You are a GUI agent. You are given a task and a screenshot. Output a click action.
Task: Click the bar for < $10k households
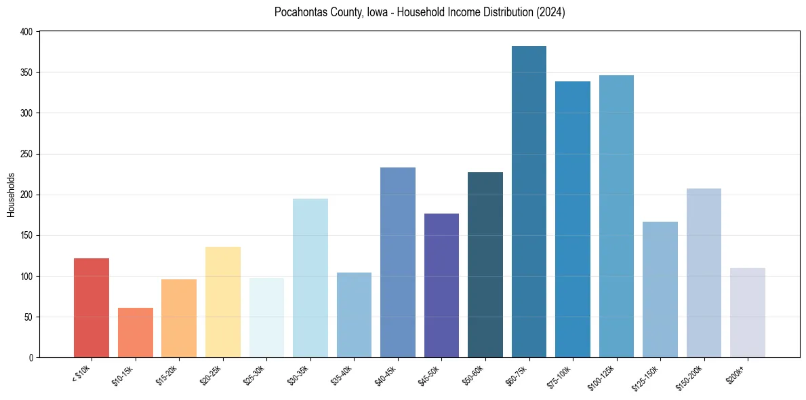pos(92,308)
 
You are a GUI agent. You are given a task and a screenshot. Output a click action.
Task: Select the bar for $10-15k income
pos(136,332)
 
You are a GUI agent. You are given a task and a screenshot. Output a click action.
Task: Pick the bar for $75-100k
pos(573,220)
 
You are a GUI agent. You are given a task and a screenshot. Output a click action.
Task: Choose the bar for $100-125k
pos(616,217)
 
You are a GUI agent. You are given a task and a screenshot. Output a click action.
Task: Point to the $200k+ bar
pos(748,313)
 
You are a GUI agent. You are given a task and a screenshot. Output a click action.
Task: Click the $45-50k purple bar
pos(441,285)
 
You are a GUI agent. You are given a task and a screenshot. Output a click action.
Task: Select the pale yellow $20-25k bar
pos(223,302)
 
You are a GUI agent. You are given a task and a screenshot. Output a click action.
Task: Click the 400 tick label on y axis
pos(27,32)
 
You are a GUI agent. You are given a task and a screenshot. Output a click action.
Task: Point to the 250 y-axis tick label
pos(27,154)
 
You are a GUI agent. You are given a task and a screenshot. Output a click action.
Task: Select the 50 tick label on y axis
pos(29,317)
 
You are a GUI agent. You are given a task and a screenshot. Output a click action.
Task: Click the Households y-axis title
pos(11,195)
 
